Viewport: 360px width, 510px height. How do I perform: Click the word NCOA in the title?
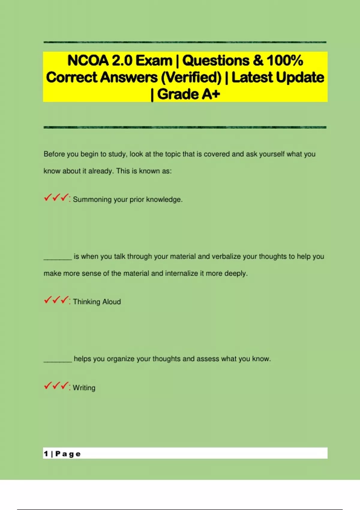(x=88, y=61)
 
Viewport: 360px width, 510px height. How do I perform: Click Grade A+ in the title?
(x=188, y=94)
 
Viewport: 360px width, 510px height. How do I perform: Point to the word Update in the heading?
(x=300, y=77)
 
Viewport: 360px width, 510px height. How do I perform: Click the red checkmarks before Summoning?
(x=56, y=198)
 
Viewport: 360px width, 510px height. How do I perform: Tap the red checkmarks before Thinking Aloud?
(x=56, y=300)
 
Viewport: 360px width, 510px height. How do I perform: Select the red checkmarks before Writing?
(x=56, y=386)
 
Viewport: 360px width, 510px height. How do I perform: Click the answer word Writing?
(x=84, y=388)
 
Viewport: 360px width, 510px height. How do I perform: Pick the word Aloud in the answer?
(x=112, y=302)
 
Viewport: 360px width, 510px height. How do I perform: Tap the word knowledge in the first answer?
(x=164, y=200)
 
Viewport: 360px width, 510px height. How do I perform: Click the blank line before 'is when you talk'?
(x=58, y=259)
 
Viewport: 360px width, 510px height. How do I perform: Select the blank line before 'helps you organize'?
(x=58, y=361)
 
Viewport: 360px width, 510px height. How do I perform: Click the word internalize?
(x=181, y=274)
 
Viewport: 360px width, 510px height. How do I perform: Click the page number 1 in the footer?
(x=46, y=454)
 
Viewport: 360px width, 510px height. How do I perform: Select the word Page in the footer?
(x=68, y=454)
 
